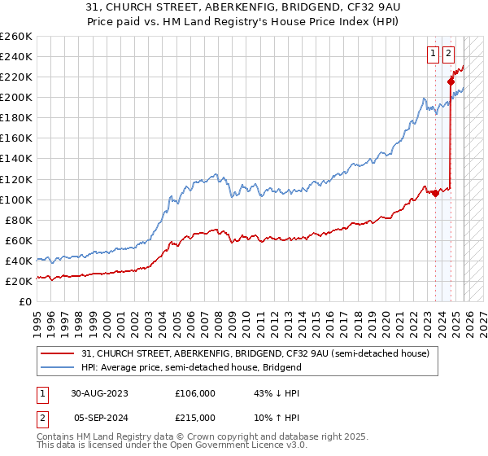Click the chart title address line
click(x=244, y=9)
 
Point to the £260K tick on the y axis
click(x=15, y=37)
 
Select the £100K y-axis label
click(x=15, y=199)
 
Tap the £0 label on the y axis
click(x=24, y=301)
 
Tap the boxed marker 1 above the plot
click(x=432, y=55)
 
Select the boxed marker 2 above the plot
click(x=448, y=55)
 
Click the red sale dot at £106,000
click(x=435, y=193)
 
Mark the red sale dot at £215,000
click(x=450, y=81)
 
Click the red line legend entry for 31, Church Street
click(x=260, y=353)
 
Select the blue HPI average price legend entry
click(x=191, y=367)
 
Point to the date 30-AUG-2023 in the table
click(x=99, y=392)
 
